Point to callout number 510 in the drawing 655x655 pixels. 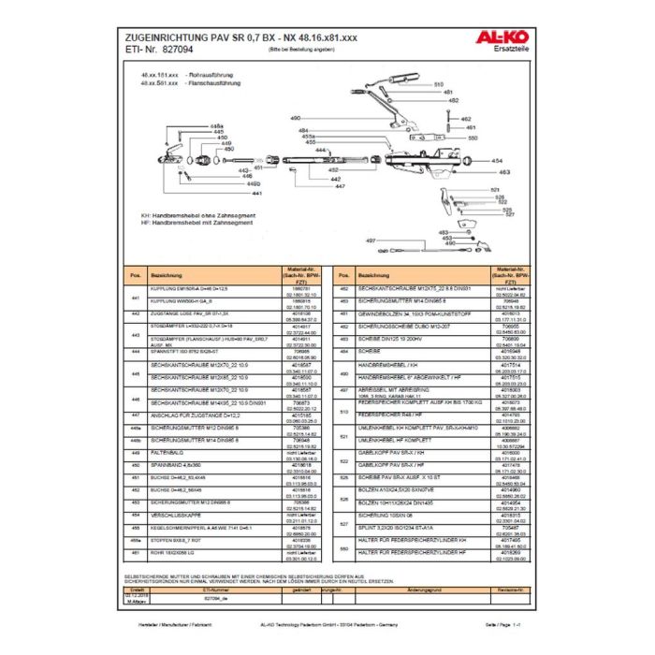pos(435,85)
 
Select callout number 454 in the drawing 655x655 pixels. pos(497,161)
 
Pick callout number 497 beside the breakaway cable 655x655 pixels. pos(371,241)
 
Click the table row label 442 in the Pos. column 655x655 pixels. pos(136,315)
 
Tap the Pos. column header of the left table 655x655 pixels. pos(136,276)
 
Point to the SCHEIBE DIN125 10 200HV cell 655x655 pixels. pos(393,340)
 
